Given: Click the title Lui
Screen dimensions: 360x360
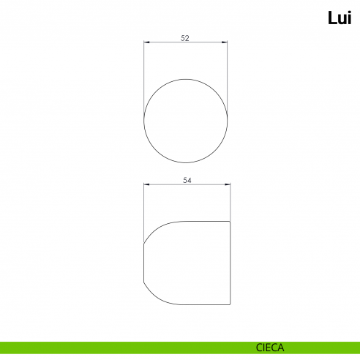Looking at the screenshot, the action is coord(340,18).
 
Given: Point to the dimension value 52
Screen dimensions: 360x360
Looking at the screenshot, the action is coord(185,38).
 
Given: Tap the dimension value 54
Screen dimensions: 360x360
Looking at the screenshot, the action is coord(187,180).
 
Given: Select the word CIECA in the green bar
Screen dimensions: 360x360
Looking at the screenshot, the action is coord(270,348).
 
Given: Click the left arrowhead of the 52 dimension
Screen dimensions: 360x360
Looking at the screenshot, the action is coord(146,42).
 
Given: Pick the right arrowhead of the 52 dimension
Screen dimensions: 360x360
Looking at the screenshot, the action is coord(225,42).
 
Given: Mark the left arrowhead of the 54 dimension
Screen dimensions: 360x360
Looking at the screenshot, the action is coord(146,184).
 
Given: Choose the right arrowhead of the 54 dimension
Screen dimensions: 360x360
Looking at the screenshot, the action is coord(228,184).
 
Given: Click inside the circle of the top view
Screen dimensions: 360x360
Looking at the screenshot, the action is coord(186,121).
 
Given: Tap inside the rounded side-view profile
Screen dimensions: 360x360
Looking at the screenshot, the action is coord(187,263).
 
